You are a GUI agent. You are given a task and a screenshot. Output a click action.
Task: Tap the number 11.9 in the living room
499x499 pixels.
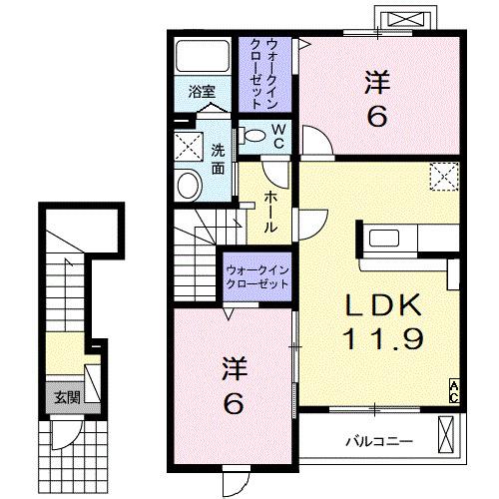(384, 338)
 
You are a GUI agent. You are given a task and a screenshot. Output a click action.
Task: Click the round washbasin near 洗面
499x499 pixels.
(188, 186)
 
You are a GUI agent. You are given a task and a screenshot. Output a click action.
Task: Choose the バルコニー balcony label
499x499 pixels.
(379, 440)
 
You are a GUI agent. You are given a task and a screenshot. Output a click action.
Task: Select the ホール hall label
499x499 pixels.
(271, 213)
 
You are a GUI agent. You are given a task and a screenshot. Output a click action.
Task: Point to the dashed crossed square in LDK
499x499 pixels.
(441, 179)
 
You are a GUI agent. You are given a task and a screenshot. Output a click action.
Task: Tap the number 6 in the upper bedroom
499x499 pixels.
(377, 118)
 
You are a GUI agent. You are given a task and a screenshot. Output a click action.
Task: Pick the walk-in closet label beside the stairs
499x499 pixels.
(256, 276)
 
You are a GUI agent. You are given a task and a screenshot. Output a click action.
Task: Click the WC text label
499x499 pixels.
(278, 135)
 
